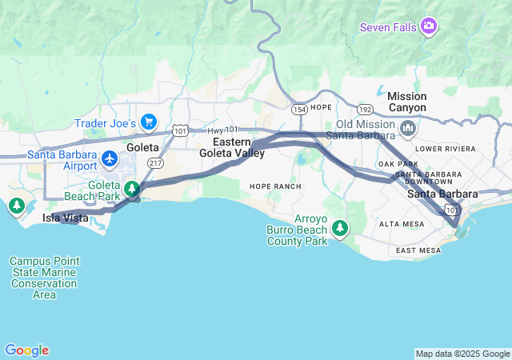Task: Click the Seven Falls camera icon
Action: pos(430,27)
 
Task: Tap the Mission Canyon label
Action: pos(406,102)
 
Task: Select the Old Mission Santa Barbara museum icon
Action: pos(408,128)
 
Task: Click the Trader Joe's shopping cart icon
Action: pos(148,122)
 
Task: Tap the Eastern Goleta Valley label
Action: pos(232,147)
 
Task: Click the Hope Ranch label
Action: pos(275,186)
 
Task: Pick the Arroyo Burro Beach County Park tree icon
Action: pos(341,230)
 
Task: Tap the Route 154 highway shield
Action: pos(300,108)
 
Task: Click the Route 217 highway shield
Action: pos(155,162)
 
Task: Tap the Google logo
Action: pos(26,350)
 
